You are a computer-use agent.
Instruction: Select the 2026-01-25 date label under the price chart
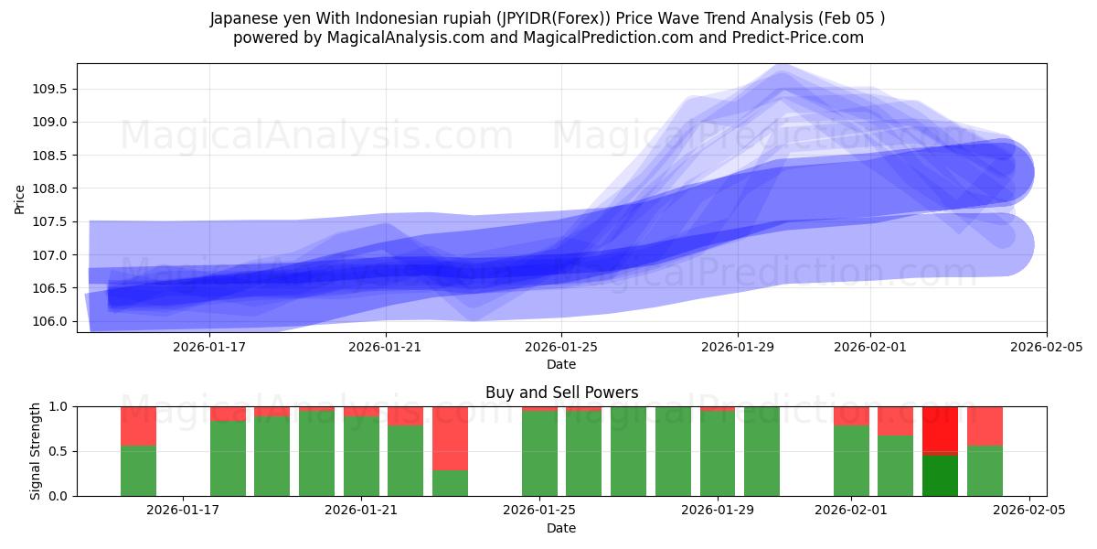coord(561,347)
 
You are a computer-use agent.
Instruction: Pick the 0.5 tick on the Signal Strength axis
coord(59,451)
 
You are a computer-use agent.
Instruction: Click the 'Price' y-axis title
coord(20,199)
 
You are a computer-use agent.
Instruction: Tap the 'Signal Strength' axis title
coord(36,451)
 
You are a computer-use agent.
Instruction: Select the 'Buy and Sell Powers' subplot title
coord(561,393)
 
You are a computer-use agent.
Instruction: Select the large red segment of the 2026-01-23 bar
coord(450,437)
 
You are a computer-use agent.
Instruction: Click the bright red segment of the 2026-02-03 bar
coord(940,428)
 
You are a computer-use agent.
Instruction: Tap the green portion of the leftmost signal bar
coord(138,470)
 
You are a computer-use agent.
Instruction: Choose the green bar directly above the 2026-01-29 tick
coord(718,453)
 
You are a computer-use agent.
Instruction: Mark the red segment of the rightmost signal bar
coord(985,425)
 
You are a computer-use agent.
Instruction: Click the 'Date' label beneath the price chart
coord(561,364)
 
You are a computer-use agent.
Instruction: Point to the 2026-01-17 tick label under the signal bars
coord(184,511)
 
